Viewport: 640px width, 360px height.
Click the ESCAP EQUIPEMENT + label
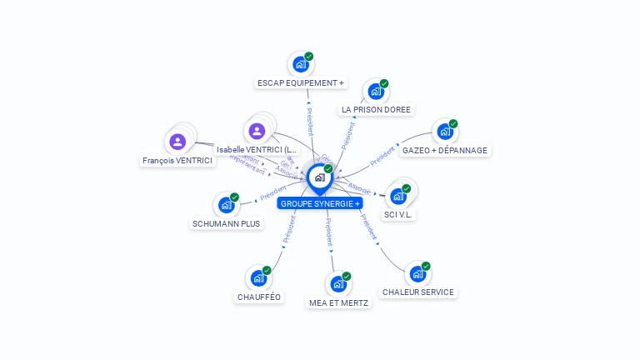pyautogui.click(x=300, y=82)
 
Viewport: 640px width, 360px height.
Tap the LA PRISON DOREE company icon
pyautogui.click(x=375, y=92)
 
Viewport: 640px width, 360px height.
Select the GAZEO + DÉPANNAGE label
pyautogui.click(x=445, y=151)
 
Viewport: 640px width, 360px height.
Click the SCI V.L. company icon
pyautogui.click(x=398, y=197)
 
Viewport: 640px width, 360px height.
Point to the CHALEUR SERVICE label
pyautogui.click(x=417, y=292)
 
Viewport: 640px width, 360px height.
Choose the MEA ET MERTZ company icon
pyautogui.click(x=338, y=284)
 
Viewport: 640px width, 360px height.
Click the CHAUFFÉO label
pyautogui.click(x=260, y=297)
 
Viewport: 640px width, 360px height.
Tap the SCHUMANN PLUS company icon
pyautogui.click(x=225, y=205)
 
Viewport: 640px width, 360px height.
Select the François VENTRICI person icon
pyautogui.click(x=177, y=142)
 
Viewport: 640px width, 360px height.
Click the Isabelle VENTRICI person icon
pyautogui.click(x=257, y=131)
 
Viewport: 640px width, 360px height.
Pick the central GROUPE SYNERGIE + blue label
pyautogui.click(x=320, y=203)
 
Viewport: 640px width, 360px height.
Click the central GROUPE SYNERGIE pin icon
pyautogui.click(x=319, y=177)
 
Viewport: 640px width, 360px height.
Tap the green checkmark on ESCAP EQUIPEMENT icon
pyautogui.click(x=309, y=57)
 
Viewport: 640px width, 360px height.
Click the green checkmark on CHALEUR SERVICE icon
pyautogui.click(x=426, y=267)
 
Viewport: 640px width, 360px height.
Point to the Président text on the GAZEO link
pyautogui.click(x=382, y=154)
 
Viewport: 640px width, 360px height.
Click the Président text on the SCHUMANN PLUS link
pyautogui.click(x=272, y=193)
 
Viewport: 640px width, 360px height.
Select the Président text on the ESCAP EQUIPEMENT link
pyautogui.click(x=309, y=122)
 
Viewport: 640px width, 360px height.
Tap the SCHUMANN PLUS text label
pyautogui.click(x=226, y=223)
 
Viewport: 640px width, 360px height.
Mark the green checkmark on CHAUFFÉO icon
pyautogui.click(x=267, y=270)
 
